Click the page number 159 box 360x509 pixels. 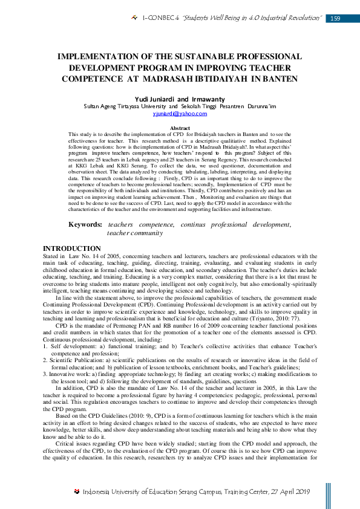pyautogui.click(x=335, y=19)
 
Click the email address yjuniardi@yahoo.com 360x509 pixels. pyautogui.click(x=180, y=113)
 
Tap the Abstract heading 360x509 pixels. pyautogui.click(x=180, y=128)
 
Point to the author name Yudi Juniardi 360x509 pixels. pyautogui.click(x=154, y=99)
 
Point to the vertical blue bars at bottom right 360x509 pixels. pyautogui.click(x=328, y=495)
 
